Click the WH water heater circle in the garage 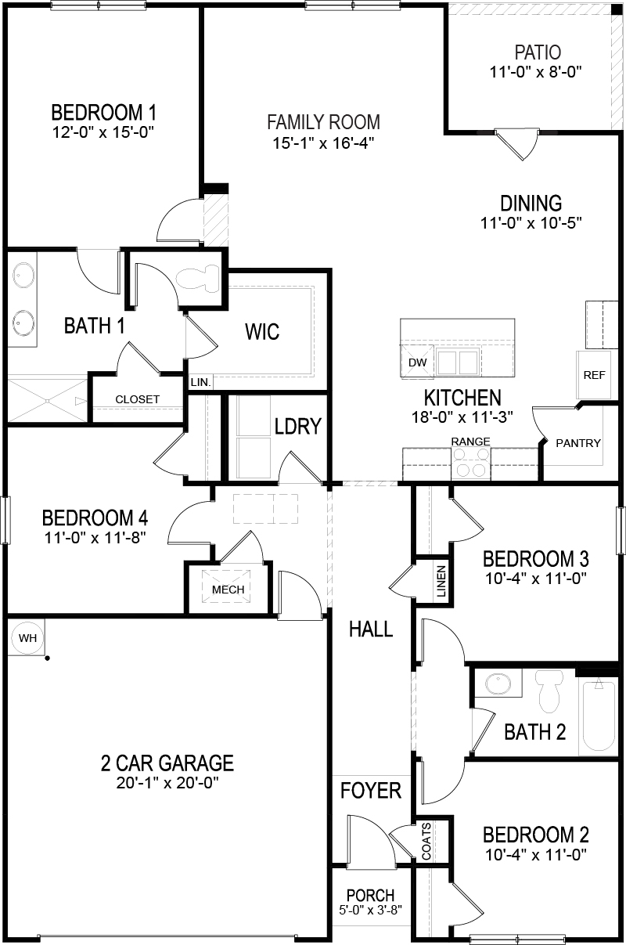[28, 638]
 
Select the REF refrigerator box [594, 374]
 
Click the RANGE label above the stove [470, 442]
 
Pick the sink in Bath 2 [496, 684]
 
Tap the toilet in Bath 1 [200, 279]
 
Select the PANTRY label [578, 443]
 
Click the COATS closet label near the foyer [426, 841]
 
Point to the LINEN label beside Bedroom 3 [441, 581]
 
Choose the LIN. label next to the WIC [199, 383]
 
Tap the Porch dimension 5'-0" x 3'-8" [371, 911]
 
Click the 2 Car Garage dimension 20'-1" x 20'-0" [167, 781]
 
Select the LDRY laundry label [298, 426]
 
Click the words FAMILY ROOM [323, 122]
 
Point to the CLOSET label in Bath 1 [137, 399]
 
